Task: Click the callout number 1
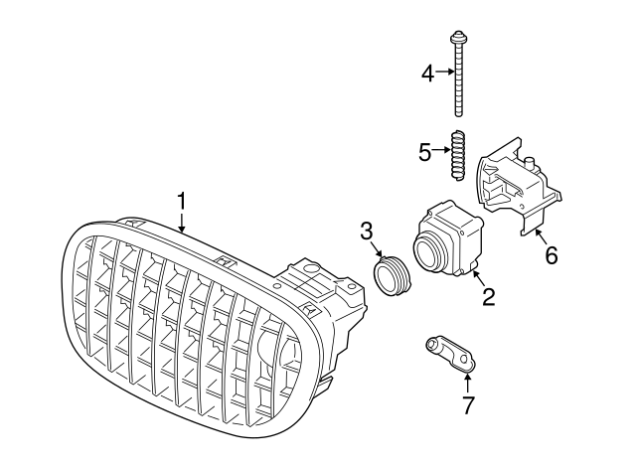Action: tap(182, 202)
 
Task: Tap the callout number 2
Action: tap(488, 297)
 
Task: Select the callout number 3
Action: tap(367, 232)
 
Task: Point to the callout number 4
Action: tap(428, 74)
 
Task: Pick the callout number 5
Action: tap(424, 152)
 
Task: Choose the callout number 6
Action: tap(552, 255)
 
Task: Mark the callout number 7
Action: tap(468, 404)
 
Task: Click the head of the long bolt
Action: tap(458, 38)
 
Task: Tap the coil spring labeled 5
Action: tap(458, 155)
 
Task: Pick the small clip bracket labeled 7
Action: tap(450, 353)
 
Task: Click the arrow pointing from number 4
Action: tap(445, 72)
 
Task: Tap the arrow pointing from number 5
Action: tap(441, 150)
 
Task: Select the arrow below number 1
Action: tap(182, 223)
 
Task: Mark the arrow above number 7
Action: tap(467, 383)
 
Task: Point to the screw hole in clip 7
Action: tap(465, 358)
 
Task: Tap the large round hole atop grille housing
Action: tap(311, 268)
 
